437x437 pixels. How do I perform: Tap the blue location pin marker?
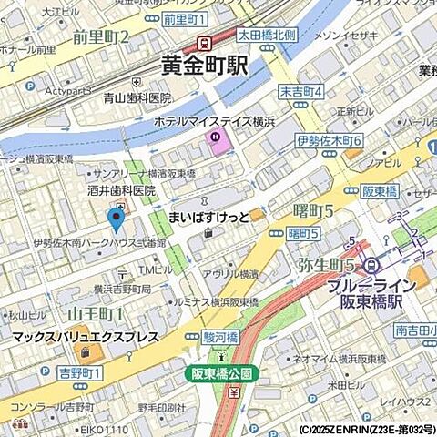click(x=116, y=219)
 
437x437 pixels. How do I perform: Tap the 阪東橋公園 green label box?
click(x=223, y=374)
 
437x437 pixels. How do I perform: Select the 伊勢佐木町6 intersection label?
click(x=330, y=140)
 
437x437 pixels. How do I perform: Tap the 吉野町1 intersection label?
click(x=81, y=373)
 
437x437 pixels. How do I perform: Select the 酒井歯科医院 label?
click(x=127, y=192)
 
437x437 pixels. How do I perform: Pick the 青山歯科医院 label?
click(x=137, y=97)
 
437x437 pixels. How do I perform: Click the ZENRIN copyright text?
click(x=364, y=429)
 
